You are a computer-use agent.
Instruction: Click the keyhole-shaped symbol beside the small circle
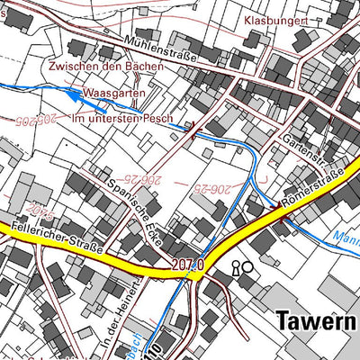coord(237,267)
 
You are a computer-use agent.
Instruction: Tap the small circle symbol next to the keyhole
coord(247,266)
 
